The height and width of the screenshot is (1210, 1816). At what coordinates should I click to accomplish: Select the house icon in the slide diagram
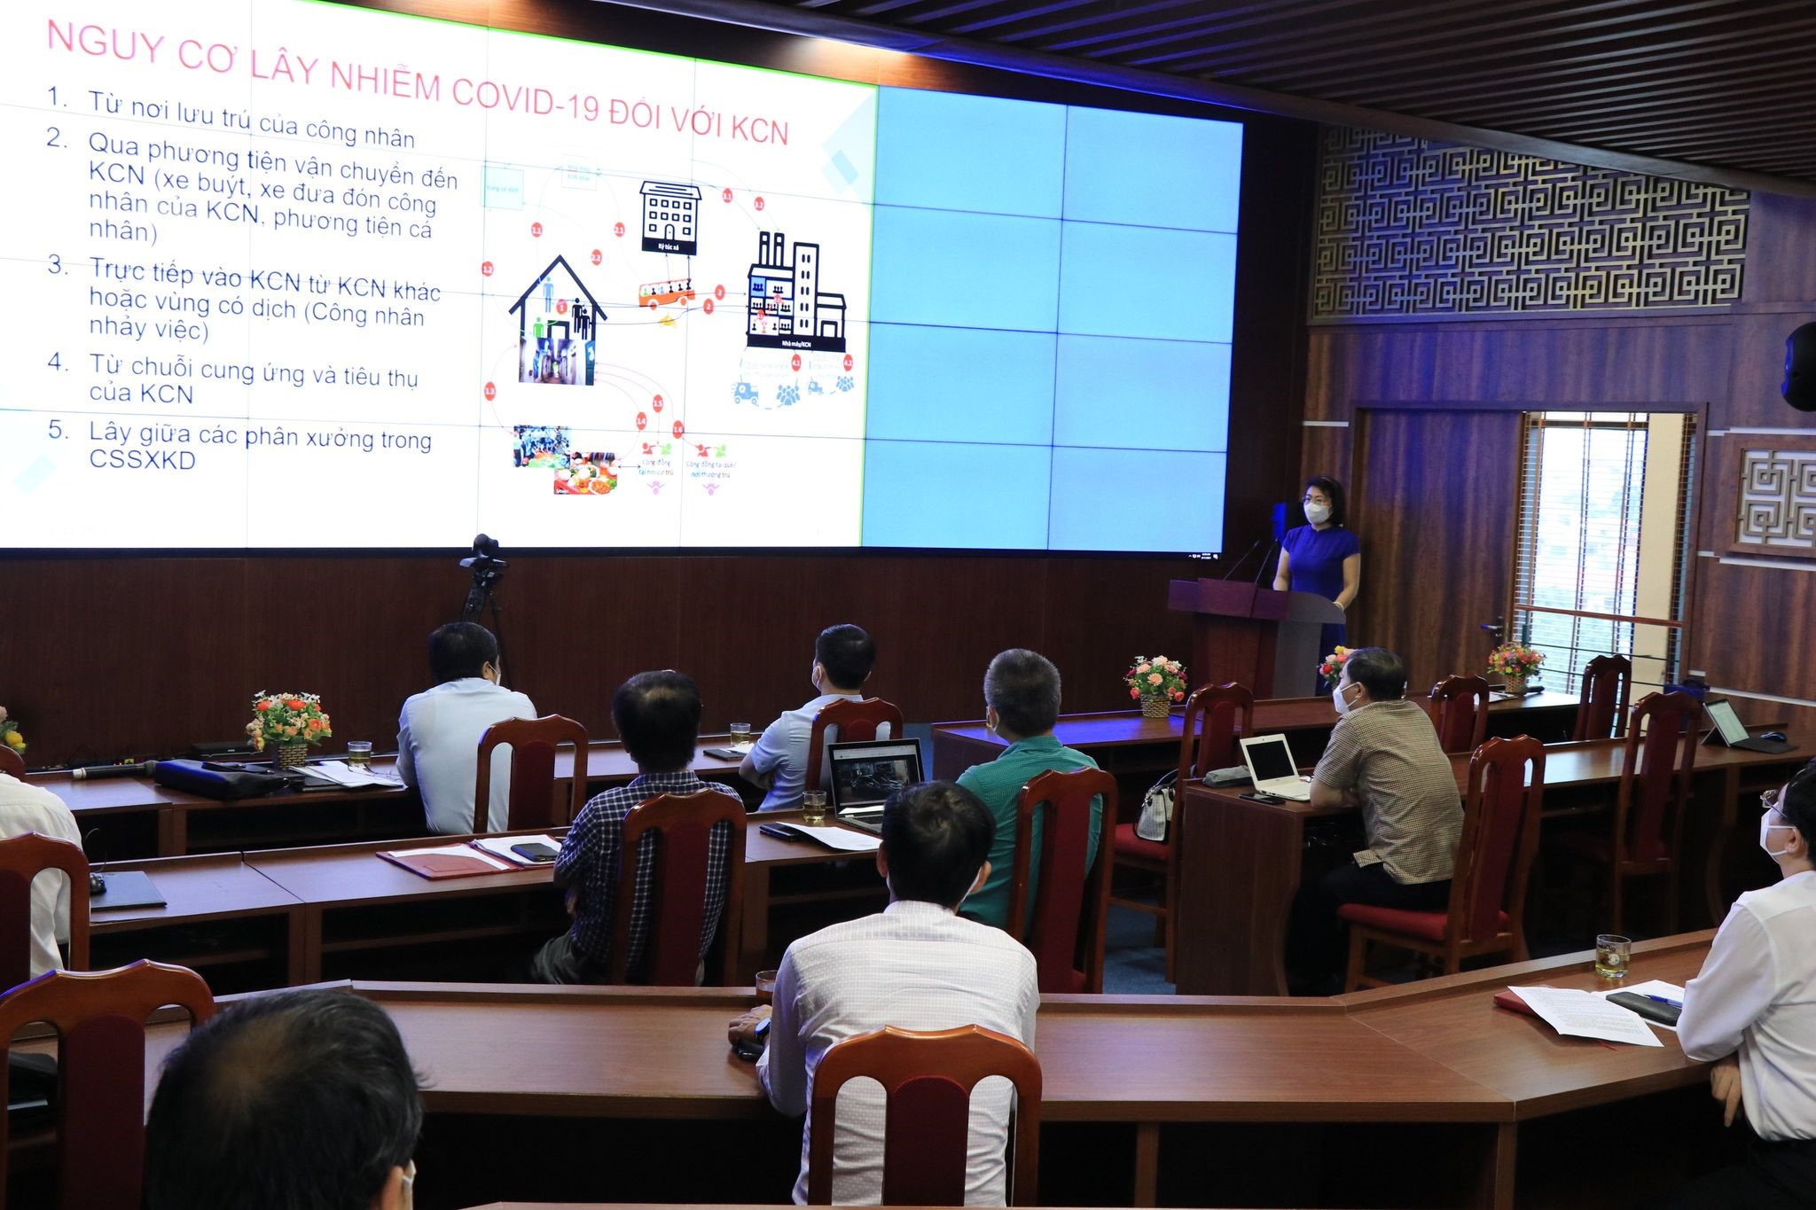(557, 319)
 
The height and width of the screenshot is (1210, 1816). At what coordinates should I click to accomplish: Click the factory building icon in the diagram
(794, 293)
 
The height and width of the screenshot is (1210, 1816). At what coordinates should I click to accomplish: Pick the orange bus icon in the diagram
(666, 293)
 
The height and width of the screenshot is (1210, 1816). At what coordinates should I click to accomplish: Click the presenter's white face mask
(1316, 512)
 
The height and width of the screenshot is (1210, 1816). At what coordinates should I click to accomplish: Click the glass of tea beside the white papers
(1611, 956)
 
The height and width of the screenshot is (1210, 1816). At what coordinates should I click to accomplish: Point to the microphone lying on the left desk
(106, 772)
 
